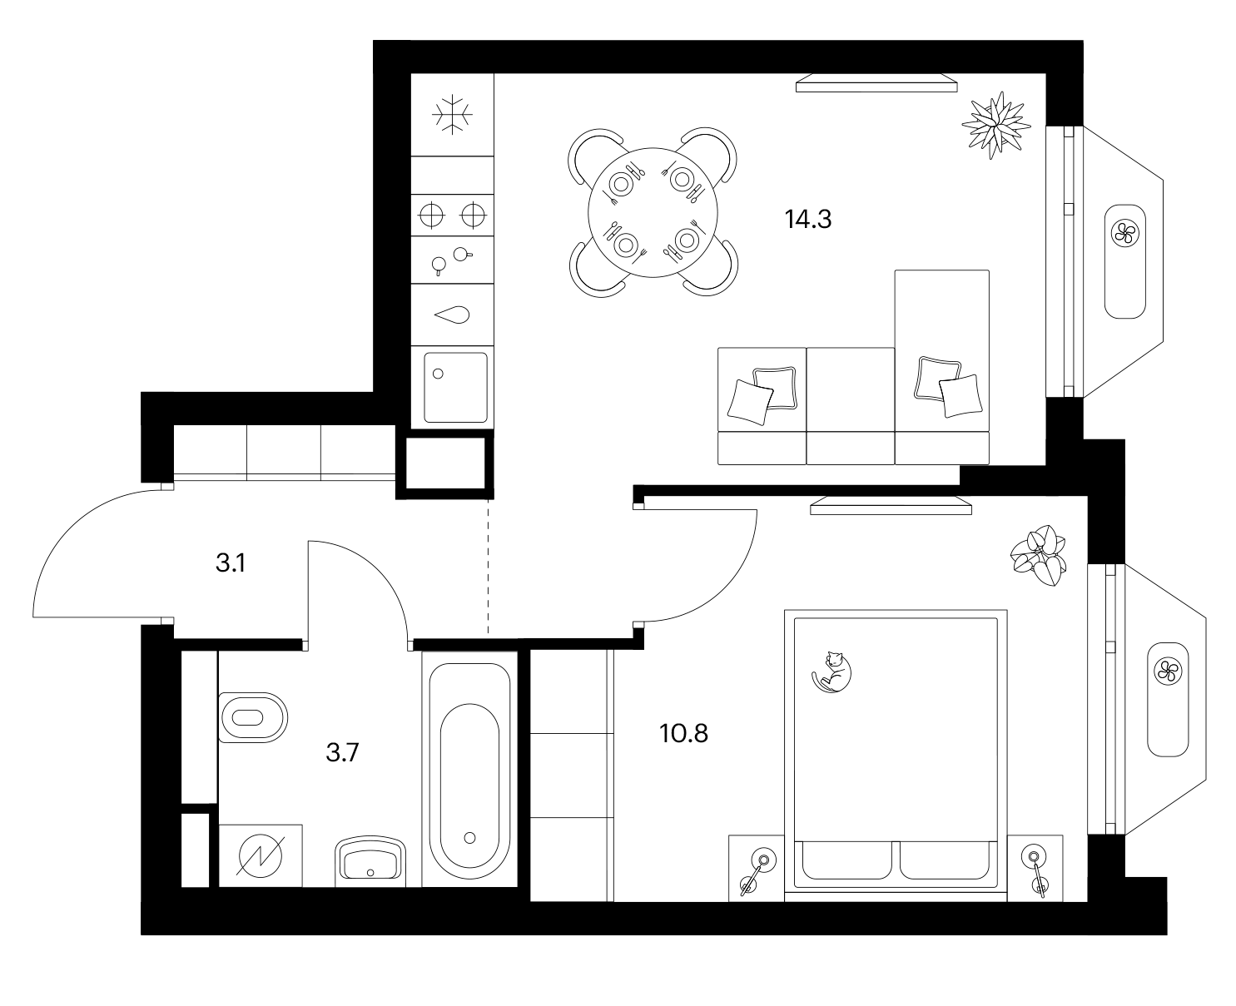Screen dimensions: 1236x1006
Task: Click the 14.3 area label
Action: tap(807, 220)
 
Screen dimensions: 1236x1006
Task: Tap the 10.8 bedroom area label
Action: tap(683, 734)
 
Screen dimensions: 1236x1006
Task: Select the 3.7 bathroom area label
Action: tap(342, 752)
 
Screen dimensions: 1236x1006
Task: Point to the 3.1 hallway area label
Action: tap(231, 563)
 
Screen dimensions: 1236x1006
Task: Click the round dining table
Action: tap(653, 212)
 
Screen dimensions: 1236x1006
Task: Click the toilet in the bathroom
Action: tap(253, 717)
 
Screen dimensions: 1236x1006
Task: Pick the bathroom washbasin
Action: tap(370, 862)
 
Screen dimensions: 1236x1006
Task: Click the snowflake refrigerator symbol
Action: tap(452, 114)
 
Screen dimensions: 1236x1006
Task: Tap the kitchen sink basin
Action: tap(455, 388)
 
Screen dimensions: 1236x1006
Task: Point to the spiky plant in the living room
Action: tap(995, 125)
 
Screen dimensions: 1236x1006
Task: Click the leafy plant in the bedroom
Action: tap(1039, 556)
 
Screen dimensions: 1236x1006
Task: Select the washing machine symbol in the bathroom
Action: tap(260, 855)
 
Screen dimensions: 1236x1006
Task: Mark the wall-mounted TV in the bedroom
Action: tap(890, 506)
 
